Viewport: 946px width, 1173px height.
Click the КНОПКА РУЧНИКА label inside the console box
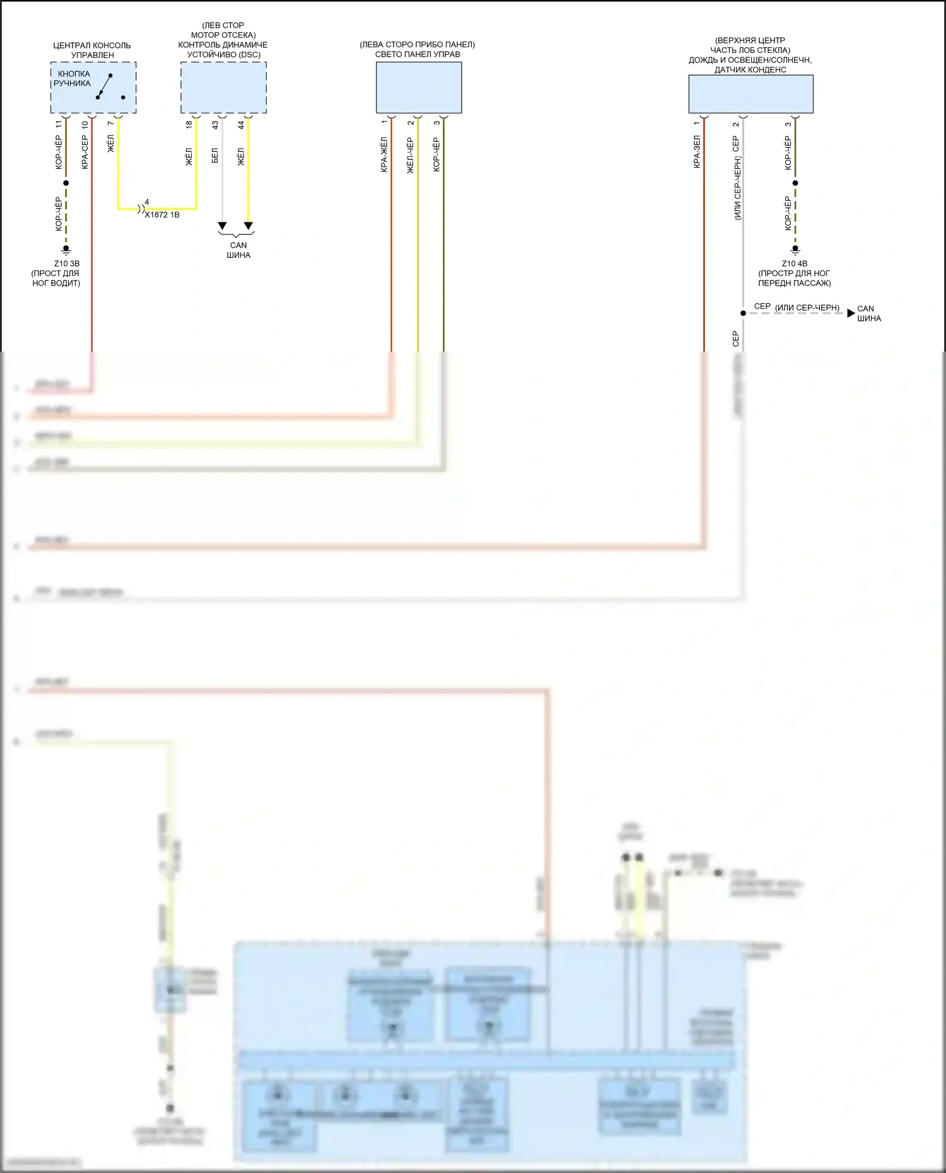pos(72,79)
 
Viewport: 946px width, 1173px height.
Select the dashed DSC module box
pos(223,88)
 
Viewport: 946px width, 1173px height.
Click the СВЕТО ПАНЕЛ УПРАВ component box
pos(419,88)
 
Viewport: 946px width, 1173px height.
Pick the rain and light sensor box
pos(750,94)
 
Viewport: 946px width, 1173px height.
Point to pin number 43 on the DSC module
pos(215,125)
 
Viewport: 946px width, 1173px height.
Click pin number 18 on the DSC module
pos(189,125)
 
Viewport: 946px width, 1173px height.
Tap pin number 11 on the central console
pos(59,125)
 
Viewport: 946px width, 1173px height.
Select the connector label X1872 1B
pos(162,215)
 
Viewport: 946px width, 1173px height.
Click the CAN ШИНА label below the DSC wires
pos(238,250)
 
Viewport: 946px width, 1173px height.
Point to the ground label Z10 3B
pos(67,263)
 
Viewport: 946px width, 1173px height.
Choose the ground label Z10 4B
pos(794,263)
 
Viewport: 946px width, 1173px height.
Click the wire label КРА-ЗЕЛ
pos(697,152)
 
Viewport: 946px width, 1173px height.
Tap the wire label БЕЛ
pos(214,156)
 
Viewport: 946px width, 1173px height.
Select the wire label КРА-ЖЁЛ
pos(384,155)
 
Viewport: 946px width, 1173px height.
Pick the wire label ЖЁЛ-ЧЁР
pos(410,156)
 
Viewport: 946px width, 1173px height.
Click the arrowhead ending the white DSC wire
pos(222,226)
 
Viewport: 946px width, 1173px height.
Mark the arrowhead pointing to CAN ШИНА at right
pos(851,313)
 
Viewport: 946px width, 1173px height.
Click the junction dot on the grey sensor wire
pos(743,313)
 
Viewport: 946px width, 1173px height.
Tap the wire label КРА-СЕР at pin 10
pos(85,152)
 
